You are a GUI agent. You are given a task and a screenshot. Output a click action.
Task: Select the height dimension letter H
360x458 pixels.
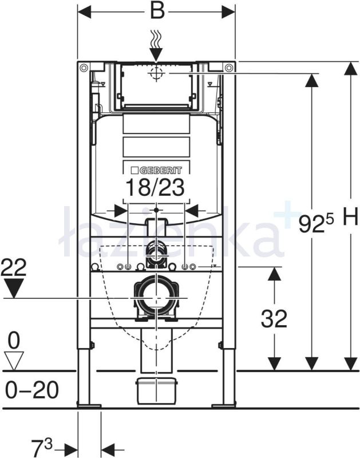(x=350, y=217)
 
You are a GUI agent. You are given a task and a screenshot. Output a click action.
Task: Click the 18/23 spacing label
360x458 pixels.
(x=155, y=187)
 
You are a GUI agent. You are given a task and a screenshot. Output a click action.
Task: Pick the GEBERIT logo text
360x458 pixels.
(x=156, y=170)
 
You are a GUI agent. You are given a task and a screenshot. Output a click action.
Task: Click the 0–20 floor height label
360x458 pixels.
(x=32, y=390)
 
